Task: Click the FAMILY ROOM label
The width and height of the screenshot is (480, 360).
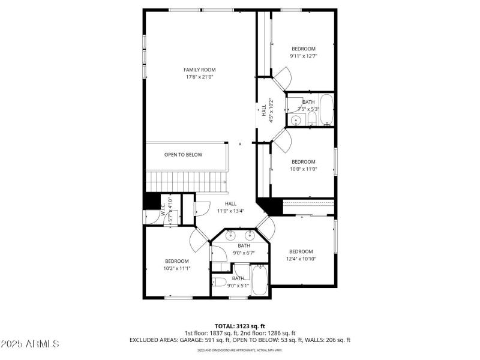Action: click(x=199, y=70)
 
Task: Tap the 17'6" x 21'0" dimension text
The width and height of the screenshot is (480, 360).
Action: click(x=199, y=77)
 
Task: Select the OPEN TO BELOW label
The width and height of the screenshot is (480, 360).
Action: click(x=183, y=155)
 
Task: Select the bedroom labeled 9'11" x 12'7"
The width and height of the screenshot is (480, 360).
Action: click(x=303, y=52)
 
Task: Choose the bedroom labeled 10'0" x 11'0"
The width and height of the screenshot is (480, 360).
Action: click(x=303, y=165)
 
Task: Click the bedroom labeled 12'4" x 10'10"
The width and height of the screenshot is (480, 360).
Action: click(x=301, y=255)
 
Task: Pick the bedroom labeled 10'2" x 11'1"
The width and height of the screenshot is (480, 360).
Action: click(x=177, y=265)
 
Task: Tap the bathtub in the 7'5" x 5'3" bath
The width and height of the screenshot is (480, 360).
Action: click(x=326, y=110)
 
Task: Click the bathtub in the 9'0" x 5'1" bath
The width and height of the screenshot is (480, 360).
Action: click(x=260, y=281)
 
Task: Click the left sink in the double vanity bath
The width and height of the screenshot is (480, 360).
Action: click(x=230, y=236)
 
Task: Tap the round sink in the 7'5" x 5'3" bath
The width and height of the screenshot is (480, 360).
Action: click(x=295, y=121)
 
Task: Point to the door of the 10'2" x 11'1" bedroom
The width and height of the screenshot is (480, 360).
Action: click(x=198, y=240)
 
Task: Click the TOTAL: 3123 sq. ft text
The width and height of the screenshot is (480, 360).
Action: click(x=239, y=326)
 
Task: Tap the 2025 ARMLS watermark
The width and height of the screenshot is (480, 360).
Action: click(x=30, y=344)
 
